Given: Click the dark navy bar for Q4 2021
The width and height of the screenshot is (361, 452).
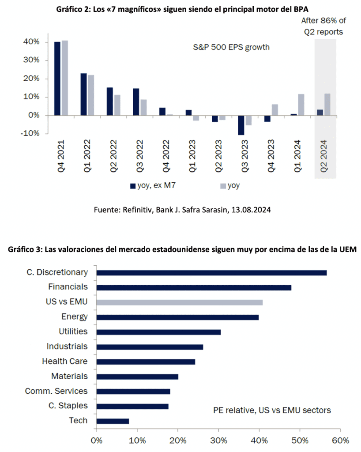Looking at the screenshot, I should click(57, 79).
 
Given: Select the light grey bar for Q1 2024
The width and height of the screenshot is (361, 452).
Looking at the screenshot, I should click(301, 105).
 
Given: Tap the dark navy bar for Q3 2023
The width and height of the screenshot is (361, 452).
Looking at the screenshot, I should click(241, 125).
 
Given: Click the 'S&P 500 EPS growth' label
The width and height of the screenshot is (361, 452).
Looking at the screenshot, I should click(231, 47).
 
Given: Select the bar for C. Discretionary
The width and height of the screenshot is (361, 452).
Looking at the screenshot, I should click(211, 273).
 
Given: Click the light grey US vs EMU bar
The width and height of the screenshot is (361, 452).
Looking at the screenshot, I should click(180, 302).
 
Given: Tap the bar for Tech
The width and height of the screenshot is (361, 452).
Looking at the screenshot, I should click(113, 421).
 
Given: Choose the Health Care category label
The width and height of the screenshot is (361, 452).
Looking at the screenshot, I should click(65, 361).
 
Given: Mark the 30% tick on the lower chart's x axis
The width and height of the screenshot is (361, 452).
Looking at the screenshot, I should click(218, 440).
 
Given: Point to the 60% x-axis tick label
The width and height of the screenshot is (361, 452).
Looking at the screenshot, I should click(340, 440).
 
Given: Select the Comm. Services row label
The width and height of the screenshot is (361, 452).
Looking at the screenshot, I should click(56, 391).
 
